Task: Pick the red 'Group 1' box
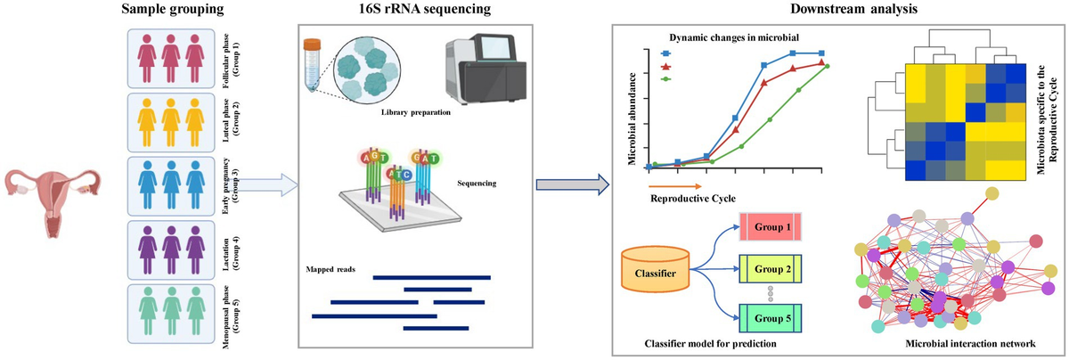[x=771, y=226]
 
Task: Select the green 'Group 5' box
[x=771, y=315]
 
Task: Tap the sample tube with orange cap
[x=314, y=62]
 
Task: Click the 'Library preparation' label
[x=415, y=112]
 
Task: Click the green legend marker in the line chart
[x=665, y=79]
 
